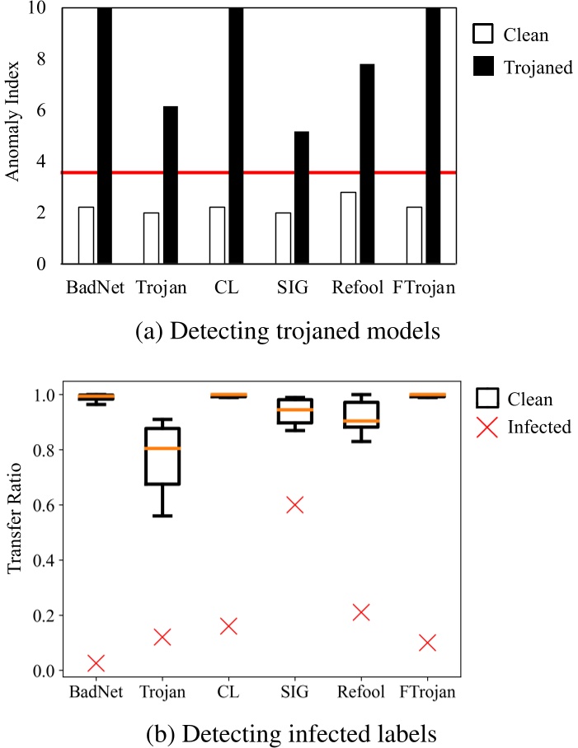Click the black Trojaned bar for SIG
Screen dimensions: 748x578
pyautogui.click(x=302, y=198)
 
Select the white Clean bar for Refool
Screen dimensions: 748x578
pyautogui.click(x=349, y=228)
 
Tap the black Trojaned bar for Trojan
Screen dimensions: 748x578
pyautogui.click(x=170, y=185)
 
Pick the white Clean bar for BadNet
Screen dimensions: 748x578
pyautogui.click(x=86, y=236)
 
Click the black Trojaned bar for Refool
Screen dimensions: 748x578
pyautogui.click(x=367, y=164)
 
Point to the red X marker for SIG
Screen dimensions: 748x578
pyautogui.click(x=294, y=505)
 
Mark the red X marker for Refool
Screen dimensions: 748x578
pyautogui.click(x=360, y=612)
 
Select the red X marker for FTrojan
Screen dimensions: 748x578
pyautogui.click(x=426, y=643)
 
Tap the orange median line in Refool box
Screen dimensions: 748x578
pyautogui.click(x=360, y=421)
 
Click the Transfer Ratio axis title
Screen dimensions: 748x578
pyautogui.click(x=14, y=527)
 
